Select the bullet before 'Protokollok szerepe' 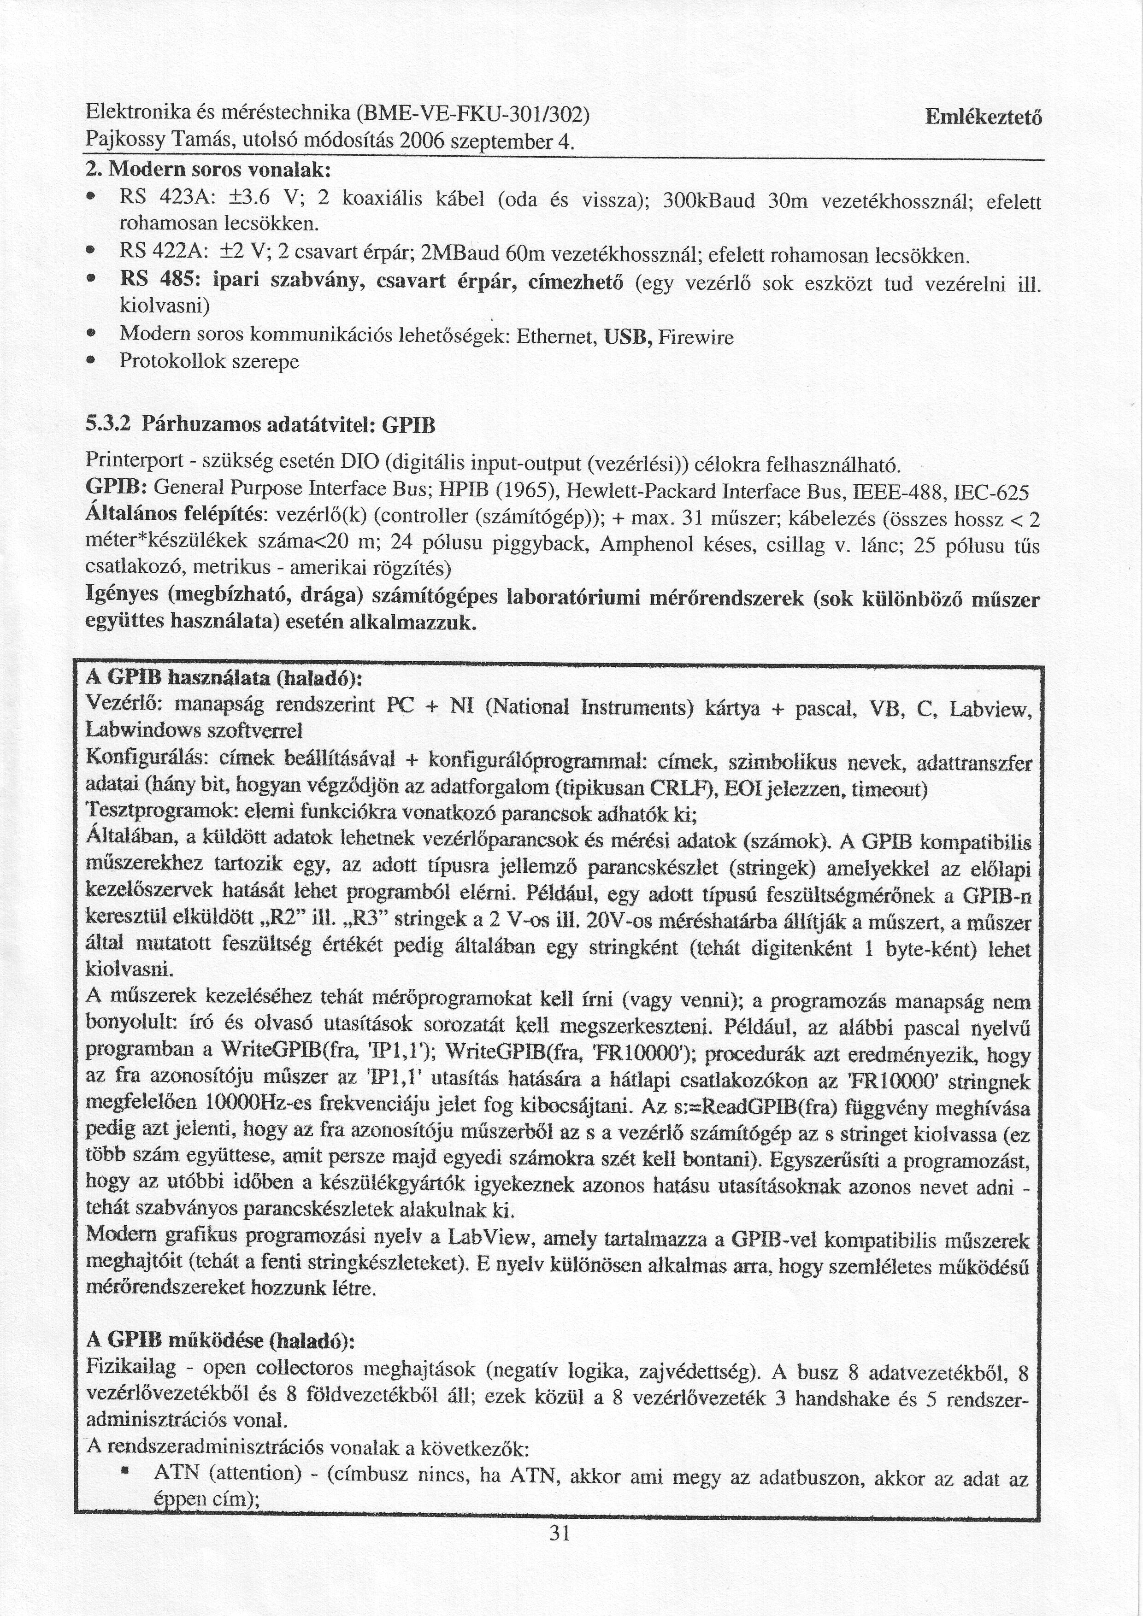92,362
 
